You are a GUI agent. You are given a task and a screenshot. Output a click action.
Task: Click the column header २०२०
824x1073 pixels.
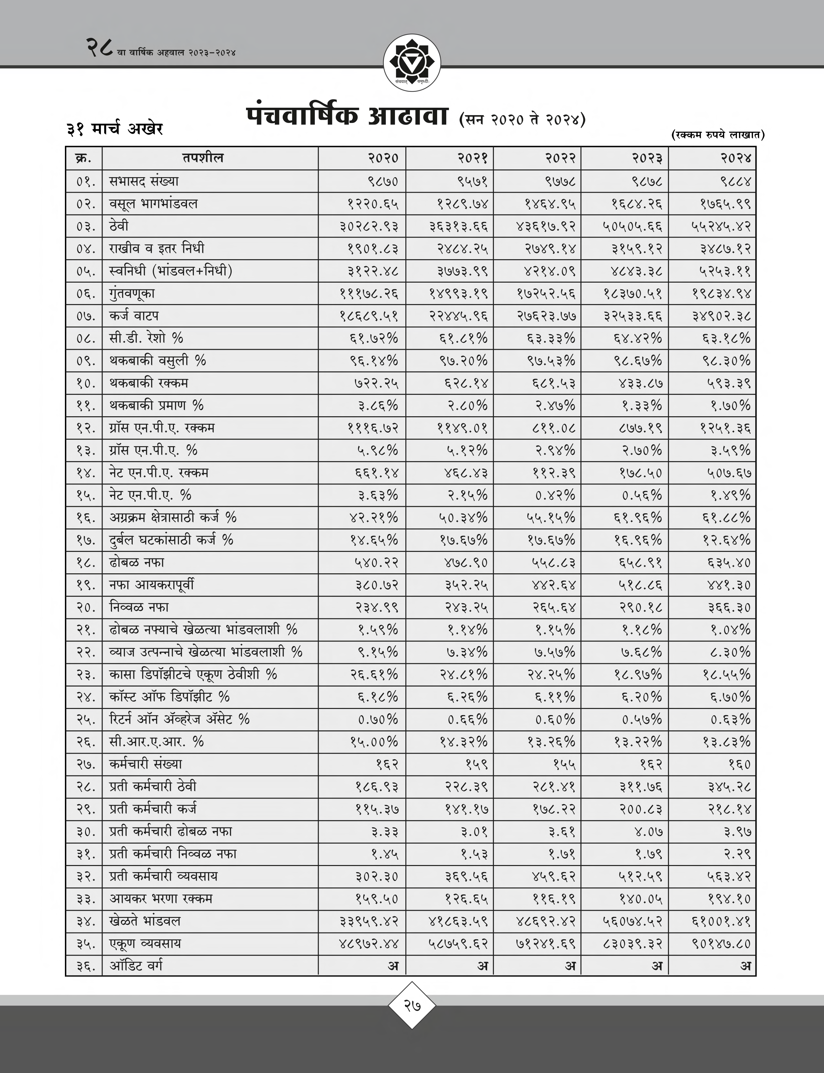pyautogui.click(x=383, y=158)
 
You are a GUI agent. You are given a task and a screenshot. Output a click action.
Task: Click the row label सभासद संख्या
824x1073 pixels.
pyautogui.click(x=144, y=181)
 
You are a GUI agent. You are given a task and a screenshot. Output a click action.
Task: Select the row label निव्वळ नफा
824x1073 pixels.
pyautogui.click(x=139, y=607)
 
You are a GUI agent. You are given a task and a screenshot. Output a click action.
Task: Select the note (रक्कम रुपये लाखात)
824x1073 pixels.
pyautogui.click(x=717, y=135)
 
